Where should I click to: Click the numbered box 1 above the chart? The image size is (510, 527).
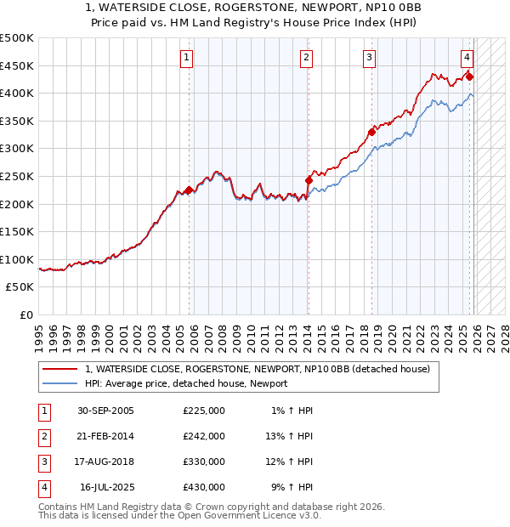pyautogui.click(x=186, y=58)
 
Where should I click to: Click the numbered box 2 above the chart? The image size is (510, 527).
pyautogui.click(x=305, y=58)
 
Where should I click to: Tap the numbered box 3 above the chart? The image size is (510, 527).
pyautogui.click(x=370, y=58)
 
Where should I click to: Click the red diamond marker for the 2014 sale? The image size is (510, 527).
pyautogui.click(x=309, y=180)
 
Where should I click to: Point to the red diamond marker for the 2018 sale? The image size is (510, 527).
pyautogui.click(x=371, y=132)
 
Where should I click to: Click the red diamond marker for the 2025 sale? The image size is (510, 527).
pyautogui.click(x=469, y=76)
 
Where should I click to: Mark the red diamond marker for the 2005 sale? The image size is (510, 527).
pyautogui.click(x=189, y=190)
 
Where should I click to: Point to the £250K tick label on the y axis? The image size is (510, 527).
pyautogui.click(x=17, y=176)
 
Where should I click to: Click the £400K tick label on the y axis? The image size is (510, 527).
pyautogui.click(x=17, y=93)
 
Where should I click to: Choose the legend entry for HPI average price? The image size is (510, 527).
pyautogui.click(x=186, y=383)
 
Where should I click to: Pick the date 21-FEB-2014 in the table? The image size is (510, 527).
pyautogui.click(x=105, y=436)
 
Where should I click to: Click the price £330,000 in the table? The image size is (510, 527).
pyautogui.click(x=204, y=462)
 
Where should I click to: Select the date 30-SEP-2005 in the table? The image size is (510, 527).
pyautogui.click(x=105, y=411)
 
